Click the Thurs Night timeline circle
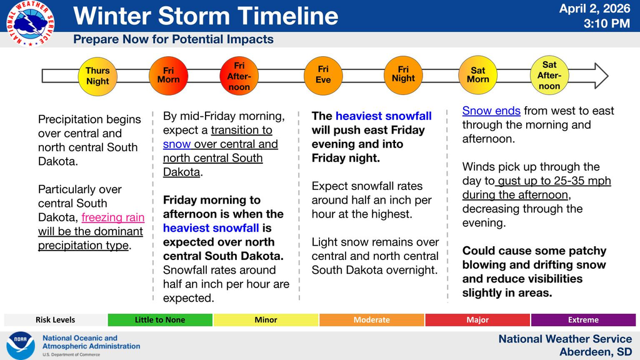97,76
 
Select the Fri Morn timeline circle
168,75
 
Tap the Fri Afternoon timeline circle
239,76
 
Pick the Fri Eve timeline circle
323,75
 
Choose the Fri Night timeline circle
403,74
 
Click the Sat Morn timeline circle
478,75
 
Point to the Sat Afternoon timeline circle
549,75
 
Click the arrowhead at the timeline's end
601,76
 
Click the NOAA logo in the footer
20,346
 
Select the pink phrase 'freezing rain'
112,217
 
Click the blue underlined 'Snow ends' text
491,111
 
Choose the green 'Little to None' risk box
160,320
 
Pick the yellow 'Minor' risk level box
266,320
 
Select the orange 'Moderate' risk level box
371,320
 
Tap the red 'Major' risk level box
477,320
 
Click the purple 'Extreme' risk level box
583,320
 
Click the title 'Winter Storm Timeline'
206,16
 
